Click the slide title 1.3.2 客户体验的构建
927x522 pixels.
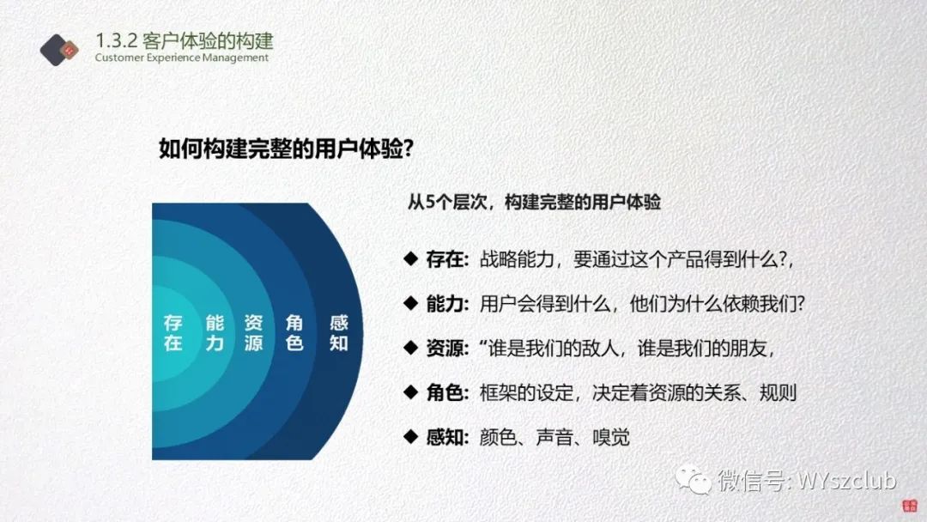pyautogui.click(x=184, y=41)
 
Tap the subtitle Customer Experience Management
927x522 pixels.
pyautogui.click(x=181, y=58)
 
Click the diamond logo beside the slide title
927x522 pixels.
pyautogui.click(x=59, y=50)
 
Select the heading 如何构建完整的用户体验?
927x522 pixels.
pyautogui.click(x=286, y=149)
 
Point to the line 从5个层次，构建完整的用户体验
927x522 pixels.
pyautogui.click(x=534, y=202)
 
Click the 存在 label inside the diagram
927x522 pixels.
pyautogui.click(x=173, y=332)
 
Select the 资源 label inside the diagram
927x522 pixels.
pyautogui.click(x=253, y=332)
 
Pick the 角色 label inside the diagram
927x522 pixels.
pyautogui.click(x=294, y=332)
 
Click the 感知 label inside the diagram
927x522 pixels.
pyautogui.click(x=339, y=332)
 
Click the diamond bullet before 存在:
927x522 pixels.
pyautogui.click(x=411, y=258)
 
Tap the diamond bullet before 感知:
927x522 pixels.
pyautogui.click(x=411, y=437)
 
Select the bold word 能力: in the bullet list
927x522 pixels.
pyautogui.click(x=447, y=304)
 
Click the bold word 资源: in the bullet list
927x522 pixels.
pyautogui.click(x=447, y=349)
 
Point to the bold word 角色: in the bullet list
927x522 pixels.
pyautogui.click(x=447, y=392)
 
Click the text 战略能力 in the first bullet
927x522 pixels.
pyautogui.click(x=516, y=259)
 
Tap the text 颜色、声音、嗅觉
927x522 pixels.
pyautogui.click(x=554, y=438)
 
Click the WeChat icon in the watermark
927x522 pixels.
pyautogui.click(x=694, y=479)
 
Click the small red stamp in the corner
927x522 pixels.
pyautogui.click(x=909, y=506)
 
